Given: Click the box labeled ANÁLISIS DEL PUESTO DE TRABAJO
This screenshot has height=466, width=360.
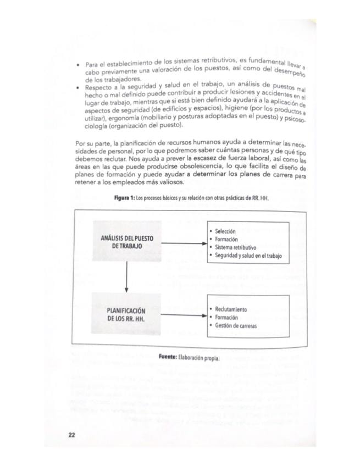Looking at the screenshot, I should point(127,243).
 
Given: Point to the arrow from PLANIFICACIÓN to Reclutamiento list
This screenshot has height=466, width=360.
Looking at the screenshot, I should point(184,316).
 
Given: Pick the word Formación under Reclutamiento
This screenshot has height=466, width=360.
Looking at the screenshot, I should point(226,317).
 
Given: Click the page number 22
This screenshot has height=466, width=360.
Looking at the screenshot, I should point(71,435).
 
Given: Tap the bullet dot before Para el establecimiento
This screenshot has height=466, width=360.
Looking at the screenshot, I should point(79,65).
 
